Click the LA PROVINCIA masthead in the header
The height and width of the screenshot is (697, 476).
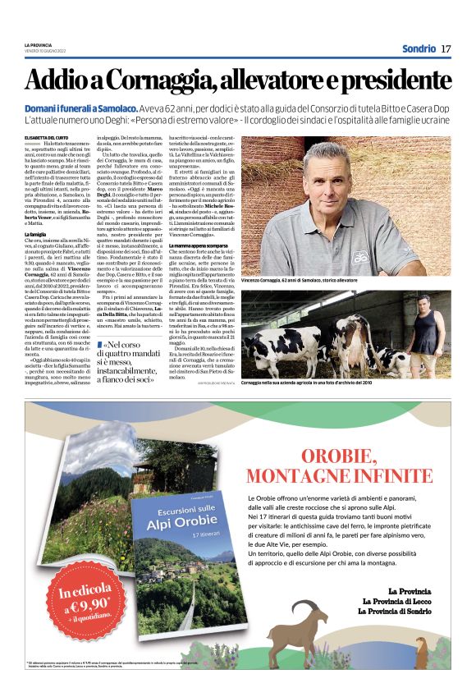(38, 44)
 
